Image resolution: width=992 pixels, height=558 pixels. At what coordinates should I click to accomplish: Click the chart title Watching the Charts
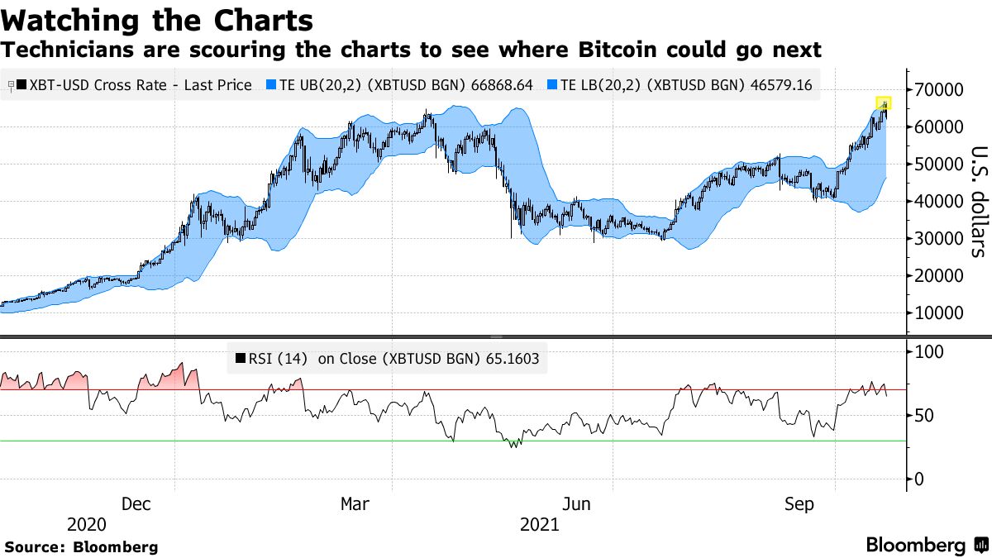coord(157,19)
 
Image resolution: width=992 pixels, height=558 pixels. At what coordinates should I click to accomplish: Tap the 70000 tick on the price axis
coord(938,89)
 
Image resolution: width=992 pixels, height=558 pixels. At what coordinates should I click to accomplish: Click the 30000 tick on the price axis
coord(938,238)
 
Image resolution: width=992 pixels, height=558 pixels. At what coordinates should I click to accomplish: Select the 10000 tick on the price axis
coord(938,312)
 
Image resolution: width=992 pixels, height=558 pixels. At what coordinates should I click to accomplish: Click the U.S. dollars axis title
coord(978,201)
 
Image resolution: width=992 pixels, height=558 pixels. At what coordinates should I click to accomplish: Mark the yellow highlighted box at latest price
coord(884,103)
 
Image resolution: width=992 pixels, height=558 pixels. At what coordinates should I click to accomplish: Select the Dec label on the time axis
coord(136,504)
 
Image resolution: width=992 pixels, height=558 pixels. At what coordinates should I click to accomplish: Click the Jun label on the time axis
coord(575,504)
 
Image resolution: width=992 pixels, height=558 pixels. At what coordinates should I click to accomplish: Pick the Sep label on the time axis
coord(799,504)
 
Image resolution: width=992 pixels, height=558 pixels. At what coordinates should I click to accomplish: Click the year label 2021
coord(539,525)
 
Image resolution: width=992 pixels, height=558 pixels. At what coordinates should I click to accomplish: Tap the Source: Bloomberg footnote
coord(81,546)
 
